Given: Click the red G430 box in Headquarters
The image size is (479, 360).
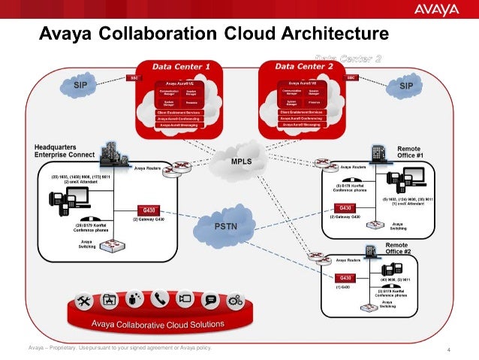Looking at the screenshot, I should click(x=146, y=209).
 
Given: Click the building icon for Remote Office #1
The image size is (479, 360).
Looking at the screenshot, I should click(x=378, y=153).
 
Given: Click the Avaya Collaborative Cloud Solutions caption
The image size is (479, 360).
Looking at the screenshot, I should click(x=158, y=325).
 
